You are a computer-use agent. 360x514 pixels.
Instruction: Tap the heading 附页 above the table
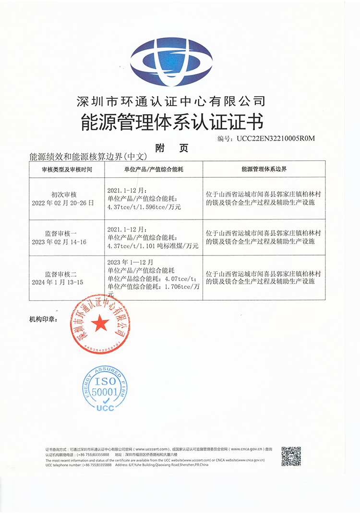point(171,148)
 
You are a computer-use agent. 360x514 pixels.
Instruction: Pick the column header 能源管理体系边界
point(264,169)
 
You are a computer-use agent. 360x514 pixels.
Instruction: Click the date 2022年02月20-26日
point(67,203)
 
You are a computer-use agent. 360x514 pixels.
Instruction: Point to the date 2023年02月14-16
point(67,242)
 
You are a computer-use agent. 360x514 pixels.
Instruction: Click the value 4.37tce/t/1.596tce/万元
point(144,208)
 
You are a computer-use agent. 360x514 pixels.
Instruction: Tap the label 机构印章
point(43,318)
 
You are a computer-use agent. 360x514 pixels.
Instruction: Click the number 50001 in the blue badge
point(105,392)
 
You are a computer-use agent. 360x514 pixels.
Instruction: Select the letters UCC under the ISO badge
point(105,408)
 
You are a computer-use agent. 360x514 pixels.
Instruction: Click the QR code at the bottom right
point(291,456)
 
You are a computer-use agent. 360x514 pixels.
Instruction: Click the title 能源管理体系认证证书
point(171,122)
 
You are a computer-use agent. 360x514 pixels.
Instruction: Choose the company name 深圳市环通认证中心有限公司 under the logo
point(171,101)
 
